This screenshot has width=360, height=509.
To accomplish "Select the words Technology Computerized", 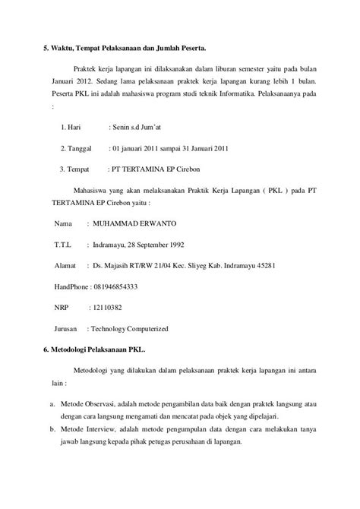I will coord(128,329).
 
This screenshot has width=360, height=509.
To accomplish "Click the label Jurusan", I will coord(67,329).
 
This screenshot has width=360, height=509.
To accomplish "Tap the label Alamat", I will coord(65,267).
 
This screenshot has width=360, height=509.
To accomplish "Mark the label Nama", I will coord(64,225).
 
